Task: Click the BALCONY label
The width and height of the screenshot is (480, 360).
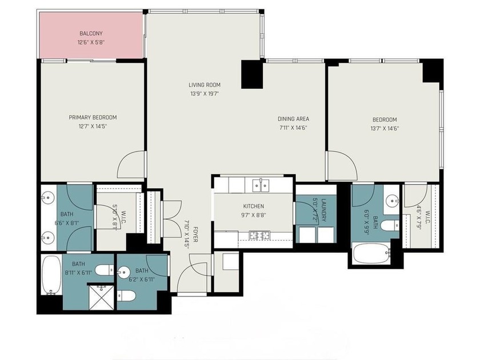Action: [91, 33]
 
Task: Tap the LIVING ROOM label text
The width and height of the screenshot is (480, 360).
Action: [205, 85]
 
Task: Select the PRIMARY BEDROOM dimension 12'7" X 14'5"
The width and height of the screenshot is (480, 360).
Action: [93, 126]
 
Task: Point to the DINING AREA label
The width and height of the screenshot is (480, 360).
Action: [293, 119]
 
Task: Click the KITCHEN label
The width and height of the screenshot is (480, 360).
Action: [254, 206]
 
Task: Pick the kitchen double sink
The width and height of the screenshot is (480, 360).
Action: [261, 185]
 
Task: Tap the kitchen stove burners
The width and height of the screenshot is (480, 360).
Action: [260, 235]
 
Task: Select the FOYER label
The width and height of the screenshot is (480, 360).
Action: [195, 234]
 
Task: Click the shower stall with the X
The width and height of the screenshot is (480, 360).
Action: [101, 297]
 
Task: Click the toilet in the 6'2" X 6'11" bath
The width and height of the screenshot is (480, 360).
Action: [126, 296]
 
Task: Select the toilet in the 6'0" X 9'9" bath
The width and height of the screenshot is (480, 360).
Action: [390, 226]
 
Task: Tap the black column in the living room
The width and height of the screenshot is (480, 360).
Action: [252, 74]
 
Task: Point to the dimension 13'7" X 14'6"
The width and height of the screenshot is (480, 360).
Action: [385, 129]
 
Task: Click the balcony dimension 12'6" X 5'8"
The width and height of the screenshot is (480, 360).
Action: [91, 42]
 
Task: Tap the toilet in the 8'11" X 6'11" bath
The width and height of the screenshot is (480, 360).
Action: [104, 270]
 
